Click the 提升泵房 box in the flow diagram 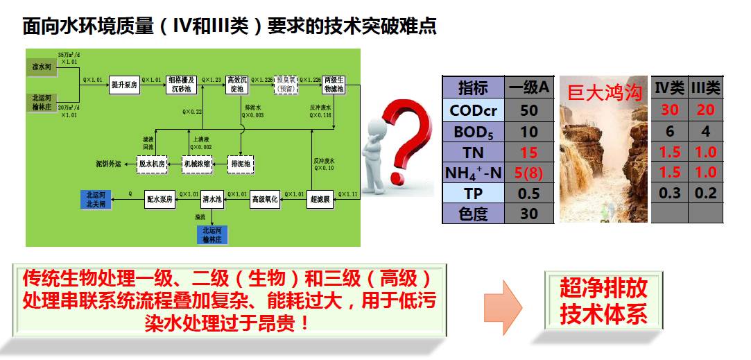click(124, 85)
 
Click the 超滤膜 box click(321, 199)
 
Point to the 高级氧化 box click(264, 199)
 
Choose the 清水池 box click(212, 199)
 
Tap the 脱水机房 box click(153, 164)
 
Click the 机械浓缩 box click(196, 164)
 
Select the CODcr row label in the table click(474, 110)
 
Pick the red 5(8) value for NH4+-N click(529, 172)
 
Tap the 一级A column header click(529, 87)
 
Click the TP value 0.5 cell click(529, 194)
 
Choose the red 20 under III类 click(705, 110)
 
